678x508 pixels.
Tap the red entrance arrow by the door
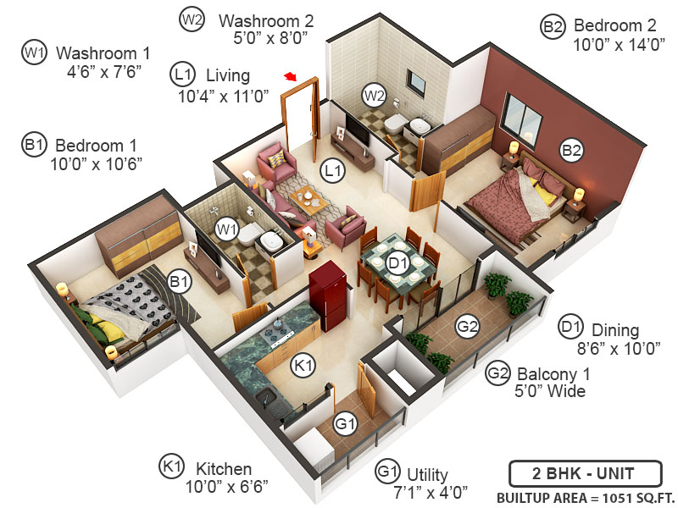point(291,77)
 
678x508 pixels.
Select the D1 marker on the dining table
point(397,263)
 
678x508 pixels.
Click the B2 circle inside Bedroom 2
point(572,151)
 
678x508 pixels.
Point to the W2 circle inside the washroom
point(373,93)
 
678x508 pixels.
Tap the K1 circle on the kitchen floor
point(303,366)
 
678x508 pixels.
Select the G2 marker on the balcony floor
point(468,325)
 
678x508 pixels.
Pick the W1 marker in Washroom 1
point(225,228)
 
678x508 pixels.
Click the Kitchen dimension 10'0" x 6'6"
point(219,486)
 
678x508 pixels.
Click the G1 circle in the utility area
point(343,423)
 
